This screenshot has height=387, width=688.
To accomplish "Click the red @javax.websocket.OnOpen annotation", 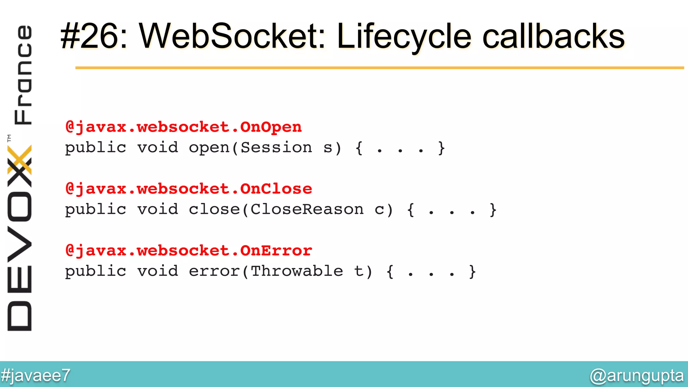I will [183, 127].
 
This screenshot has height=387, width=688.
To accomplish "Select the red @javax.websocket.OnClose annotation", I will [188, 189].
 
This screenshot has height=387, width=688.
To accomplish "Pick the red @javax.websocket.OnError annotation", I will [188, 251].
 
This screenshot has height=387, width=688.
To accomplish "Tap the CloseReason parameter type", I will [307, 210].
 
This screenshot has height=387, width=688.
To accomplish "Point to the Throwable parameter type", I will [297, 271].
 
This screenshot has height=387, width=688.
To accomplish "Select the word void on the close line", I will [158, 210].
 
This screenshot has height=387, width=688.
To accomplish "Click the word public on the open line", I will [95, 148].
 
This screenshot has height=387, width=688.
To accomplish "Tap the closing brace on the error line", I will [472, 271].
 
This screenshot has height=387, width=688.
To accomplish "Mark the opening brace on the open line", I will [359, 148].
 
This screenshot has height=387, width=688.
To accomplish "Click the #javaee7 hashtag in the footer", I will [35, 375].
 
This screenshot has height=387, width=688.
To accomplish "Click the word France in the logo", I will [23, 75].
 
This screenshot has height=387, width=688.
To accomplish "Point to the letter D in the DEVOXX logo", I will [19, 316].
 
